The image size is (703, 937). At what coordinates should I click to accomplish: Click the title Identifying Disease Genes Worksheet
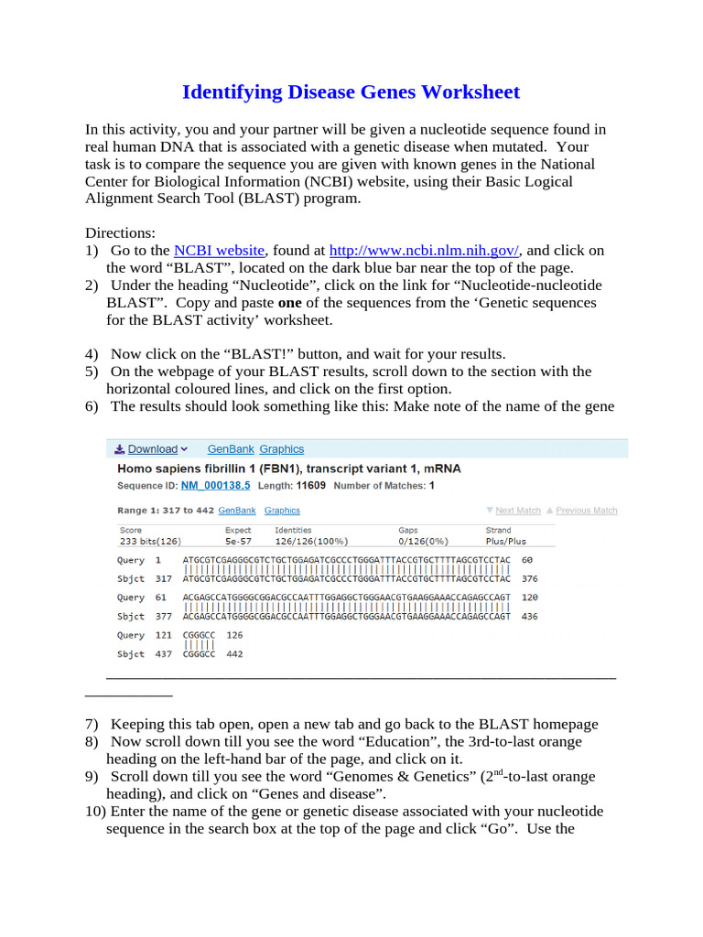[x=351, y=92]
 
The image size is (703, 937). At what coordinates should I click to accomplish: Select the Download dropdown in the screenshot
[x=152, y=449]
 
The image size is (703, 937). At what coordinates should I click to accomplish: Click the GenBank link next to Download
[x=232, y=449]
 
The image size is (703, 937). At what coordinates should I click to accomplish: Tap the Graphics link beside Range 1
[x=282, y=511]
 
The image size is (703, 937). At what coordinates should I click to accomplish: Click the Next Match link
[x=517, y=511]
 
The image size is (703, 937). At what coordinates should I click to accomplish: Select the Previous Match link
[x=586, y=511]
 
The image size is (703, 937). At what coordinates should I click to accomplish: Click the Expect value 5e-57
[x=238, y=540]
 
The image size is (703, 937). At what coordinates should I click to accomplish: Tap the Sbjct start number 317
[x=163, y=578]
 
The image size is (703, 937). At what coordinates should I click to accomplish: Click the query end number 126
[x=234, y=635]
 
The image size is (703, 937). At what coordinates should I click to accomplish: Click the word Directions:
[x=121, y=232]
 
